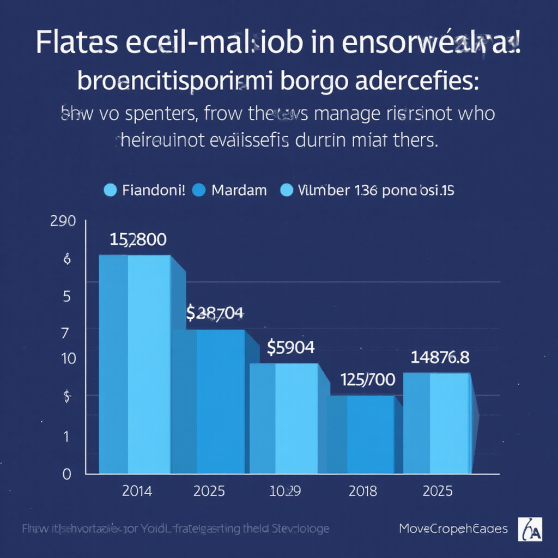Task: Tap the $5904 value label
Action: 290,347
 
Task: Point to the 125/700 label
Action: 367,380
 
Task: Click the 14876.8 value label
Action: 440,357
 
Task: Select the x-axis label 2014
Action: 137,491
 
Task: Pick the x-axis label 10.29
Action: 286,491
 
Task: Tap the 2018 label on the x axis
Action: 362,491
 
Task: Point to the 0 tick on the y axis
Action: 66,475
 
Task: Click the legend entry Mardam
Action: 239,190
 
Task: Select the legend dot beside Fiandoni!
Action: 110,190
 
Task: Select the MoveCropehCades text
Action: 453,529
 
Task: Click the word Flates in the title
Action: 77,45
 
